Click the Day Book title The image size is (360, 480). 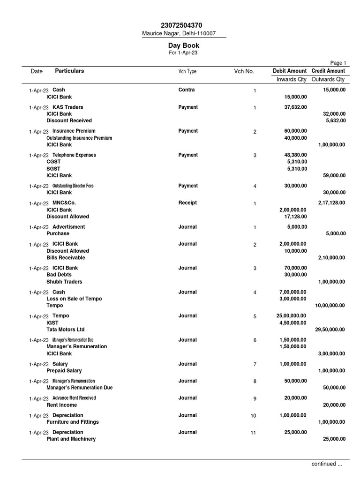[x=184, y=45]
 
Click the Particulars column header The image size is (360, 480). [x=69, y=71]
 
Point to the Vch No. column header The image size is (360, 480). [x=244, y=71]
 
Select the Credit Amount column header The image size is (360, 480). [x=328, y=71]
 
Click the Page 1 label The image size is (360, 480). [x=338, y=63]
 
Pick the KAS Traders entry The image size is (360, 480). [x=67, y=107]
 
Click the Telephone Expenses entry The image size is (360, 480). [x=74, y=155]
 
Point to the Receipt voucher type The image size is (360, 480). [x=187, y=203]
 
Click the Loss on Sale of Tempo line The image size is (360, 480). [x=74, y=299]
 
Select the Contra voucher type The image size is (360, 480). [x=187, y=90]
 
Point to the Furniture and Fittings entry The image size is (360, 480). [x=73, y=422]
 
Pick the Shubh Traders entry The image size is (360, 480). [x=64, y=282]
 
